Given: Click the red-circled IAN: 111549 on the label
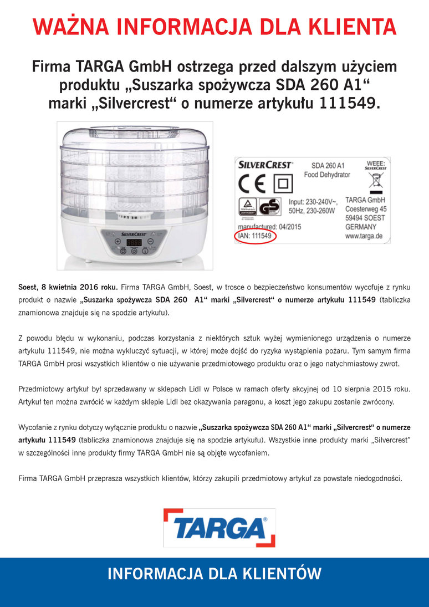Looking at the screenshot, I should pos(254,236).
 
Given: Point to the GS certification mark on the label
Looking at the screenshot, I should pos(270,206).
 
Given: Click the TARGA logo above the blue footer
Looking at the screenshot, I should pos(219,527).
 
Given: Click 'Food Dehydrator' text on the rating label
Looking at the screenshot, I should pos(327,175).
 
